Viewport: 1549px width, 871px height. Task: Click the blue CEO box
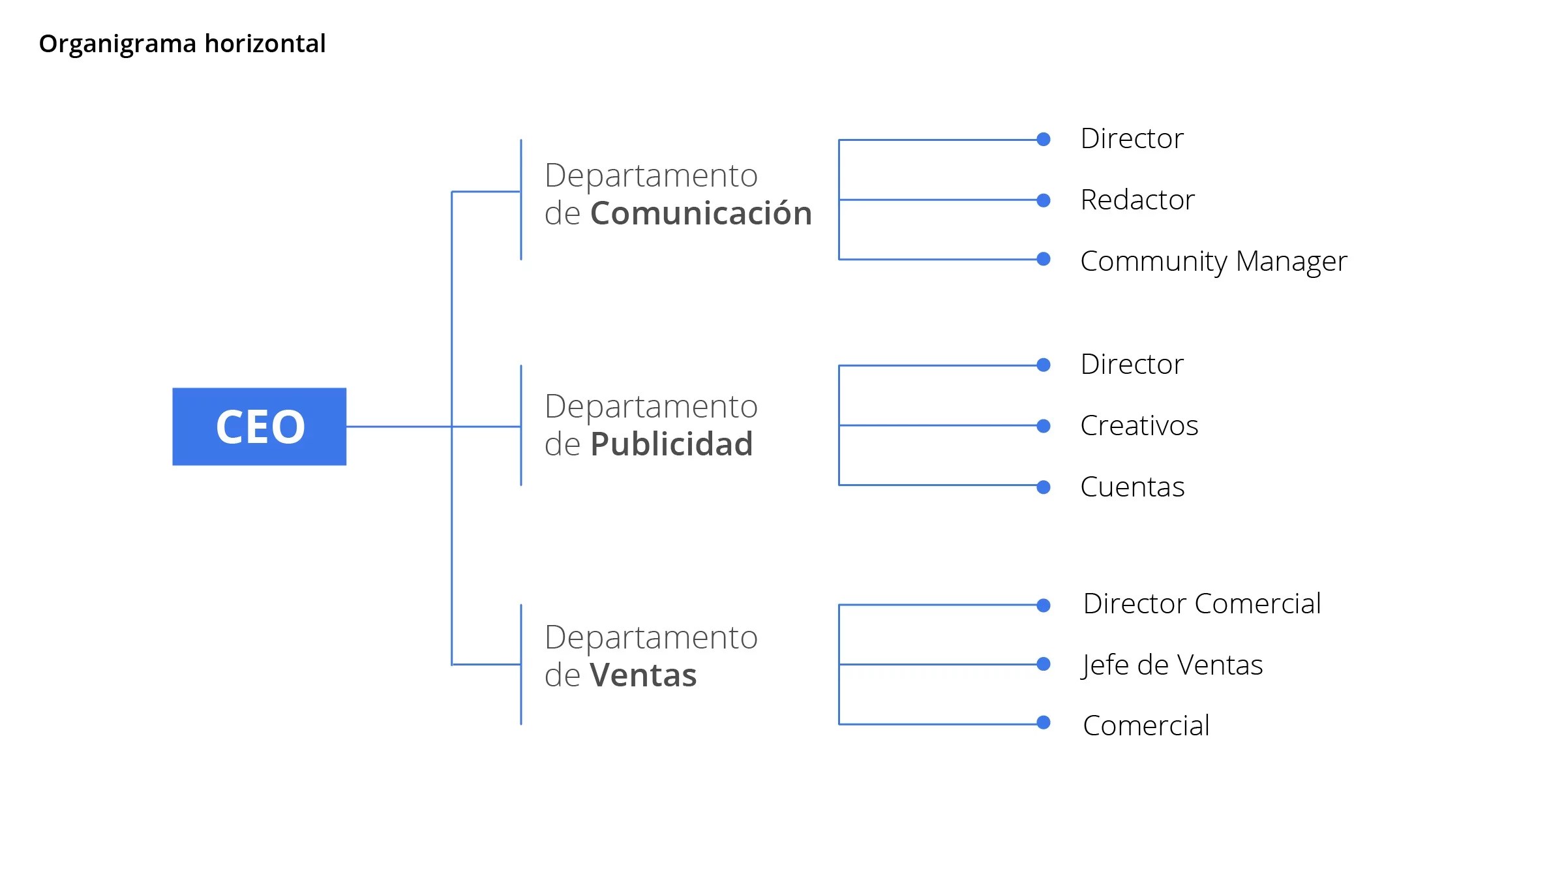tap(259, 427)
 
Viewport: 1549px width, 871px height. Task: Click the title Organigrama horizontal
tap(182, 44)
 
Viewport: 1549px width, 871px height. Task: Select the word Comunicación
tap(701, 213)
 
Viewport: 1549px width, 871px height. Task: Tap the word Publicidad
tap(671, 444)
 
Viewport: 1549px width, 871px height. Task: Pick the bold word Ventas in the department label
tap(643, 675)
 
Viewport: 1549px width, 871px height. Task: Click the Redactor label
tap(1137, 200)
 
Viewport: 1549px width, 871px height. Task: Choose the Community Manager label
tap(1213, 261)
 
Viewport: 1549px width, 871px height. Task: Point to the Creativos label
tap(1139, 425)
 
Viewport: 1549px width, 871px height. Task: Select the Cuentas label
tap(1132, 487)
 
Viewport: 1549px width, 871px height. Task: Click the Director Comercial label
tap(1201, 604)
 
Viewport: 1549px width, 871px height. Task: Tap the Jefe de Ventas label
tap(1172, 665)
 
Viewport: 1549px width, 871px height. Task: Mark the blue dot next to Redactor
tap(1044, 200)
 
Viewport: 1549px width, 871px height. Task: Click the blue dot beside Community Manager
tap(1044, 259)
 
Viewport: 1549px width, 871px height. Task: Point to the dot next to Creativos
tap(1044, 426)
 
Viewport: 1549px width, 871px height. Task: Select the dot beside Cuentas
tap(1044, 487)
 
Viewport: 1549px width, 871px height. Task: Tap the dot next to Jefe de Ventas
tap(1044, 664)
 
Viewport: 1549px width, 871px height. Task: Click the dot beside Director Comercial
tap(1044, 605)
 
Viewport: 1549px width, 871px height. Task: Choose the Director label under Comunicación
tap(1132, 138)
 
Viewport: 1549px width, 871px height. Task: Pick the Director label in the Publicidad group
tap(1132, 364)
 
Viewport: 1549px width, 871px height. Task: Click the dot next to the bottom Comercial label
tap(1044, 723)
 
